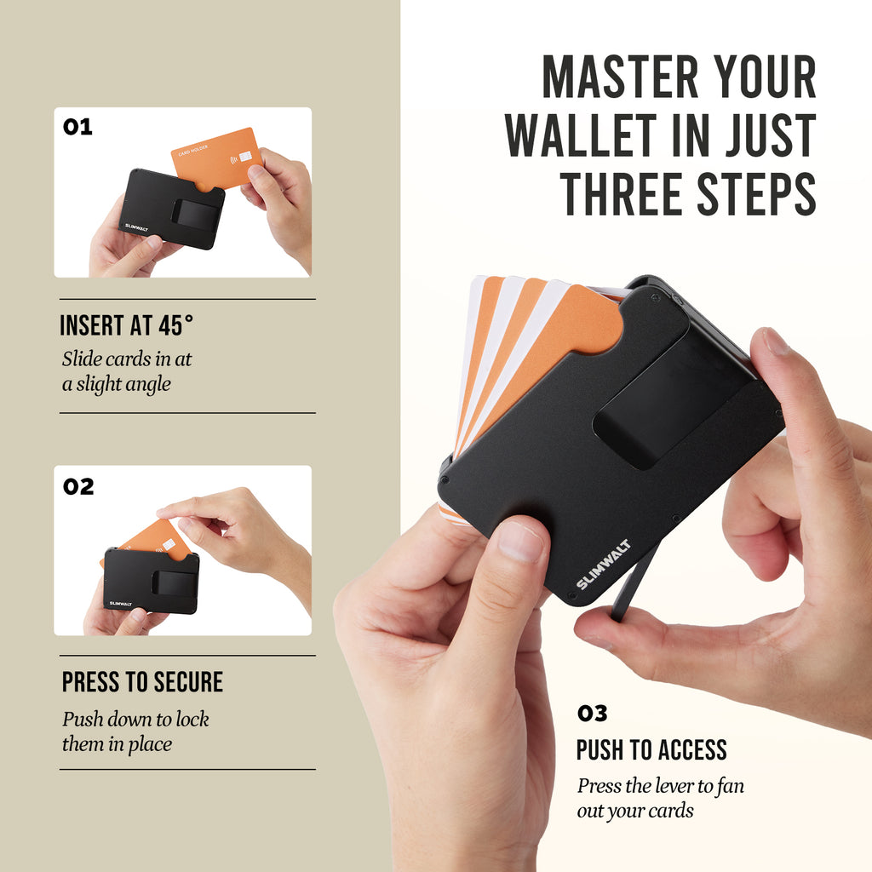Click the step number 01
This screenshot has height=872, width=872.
coord(77,127)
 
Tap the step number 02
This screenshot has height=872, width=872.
coord(78,486)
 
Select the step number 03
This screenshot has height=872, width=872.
coord(592,713)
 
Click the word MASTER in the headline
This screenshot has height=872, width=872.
coord(621,77)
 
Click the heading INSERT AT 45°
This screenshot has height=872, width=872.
coord(126,325)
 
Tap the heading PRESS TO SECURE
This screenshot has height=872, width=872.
coord(142,682)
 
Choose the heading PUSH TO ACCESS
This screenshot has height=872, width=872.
coord(651,749)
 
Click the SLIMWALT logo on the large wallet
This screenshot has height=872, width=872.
coord(603,564)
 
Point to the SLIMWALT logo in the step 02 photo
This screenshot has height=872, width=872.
coord(121,604)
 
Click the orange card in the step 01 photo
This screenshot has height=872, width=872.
coord(217,159)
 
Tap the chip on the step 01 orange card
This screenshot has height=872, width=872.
coord(245,158)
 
